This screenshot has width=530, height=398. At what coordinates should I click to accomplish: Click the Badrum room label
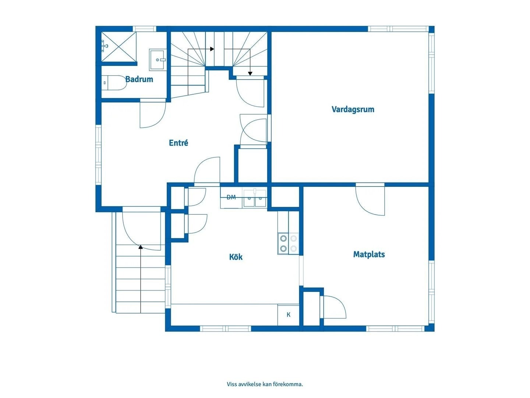(139, 79)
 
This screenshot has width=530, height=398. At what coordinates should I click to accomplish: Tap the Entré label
(179, 143)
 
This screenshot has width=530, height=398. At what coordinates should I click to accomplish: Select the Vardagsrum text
(353, 109)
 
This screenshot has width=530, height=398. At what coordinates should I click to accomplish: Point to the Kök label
(236, 256)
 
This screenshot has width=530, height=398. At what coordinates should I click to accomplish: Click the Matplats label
(369, 254)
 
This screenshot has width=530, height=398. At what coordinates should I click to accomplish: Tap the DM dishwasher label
(231, 197)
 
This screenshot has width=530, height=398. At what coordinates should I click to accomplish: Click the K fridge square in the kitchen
(288, 315)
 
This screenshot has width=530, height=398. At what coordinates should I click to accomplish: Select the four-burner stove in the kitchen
(288, 243)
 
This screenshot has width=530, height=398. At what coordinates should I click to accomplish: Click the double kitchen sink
(255, 198)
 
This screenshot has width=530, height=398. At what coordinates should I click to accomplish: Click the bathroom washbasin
(158, 60)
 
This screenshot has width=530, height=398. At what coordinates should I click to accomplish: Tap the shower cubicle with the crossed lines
(119, 47)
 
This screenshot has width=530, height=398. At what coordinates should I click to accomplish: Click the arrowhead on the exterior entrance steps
(141, 247)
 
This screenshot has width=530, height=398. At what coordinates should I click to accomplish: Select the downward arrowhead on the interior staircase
(250, 73)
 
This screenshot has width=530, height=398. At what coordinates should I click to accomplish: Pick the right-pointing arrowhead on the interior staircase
(212, 49)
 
